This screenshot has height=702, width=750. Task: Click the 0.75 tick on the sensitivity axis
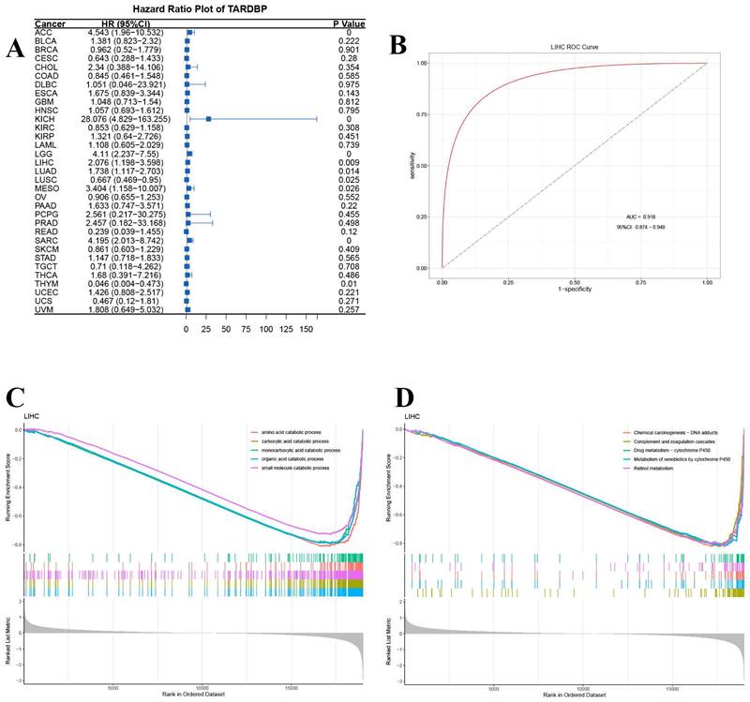coord(420,115)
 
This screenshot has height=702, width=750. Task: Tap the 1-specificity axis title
coord(573,292)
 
